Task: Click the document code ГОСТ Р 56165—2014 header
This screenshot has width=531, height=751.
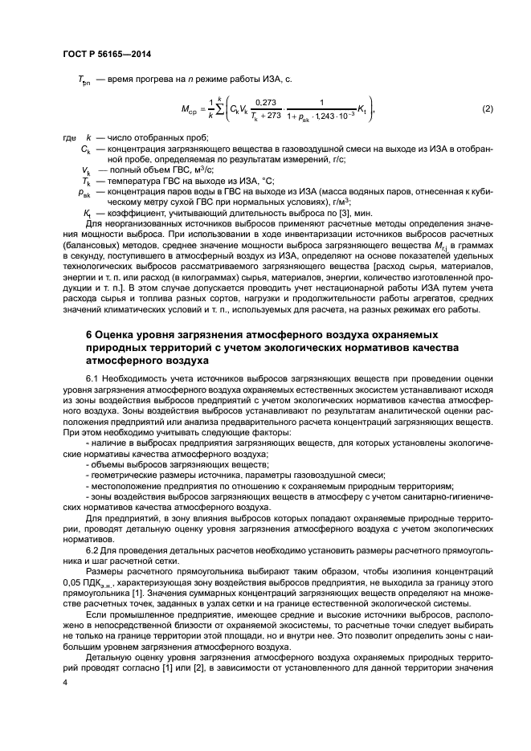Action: [107, 54]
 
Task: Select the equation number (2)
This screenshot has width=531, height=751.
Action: [487, 108]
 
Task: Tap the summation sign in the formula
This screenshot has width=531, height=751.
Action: [215, 108]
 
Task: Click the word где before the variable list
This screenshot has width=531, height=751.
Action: [68, 138]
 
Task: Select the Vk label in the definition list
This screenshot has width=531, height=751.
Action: [85, 171]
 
